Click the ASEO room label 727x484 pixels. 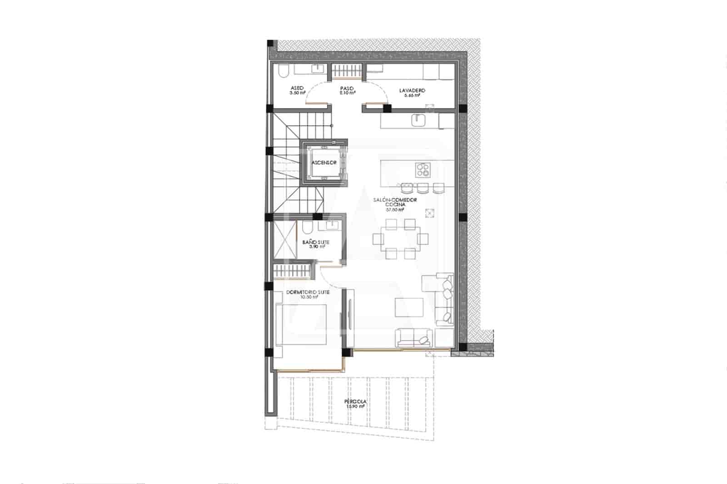pos(297,89)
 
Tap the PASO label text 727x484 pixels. pos(347,89)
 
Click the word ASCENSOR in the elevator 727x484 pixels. pos(324,163)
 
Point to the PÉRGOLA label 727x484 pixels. pos(355,402)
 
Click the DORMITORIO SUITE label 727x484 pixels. pos(308,292)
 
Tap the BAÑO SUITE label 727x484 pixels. pos(316,242)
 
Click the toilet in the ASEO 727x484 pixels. pos(282,71)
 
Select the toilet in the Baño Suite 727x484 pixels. pos(306,227)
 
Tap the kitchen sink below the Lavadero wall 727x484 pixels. pos(418,120)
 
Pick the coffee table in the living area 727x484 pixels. pos(409,308)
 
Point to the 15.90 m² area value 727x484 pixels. pos(355,407)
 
